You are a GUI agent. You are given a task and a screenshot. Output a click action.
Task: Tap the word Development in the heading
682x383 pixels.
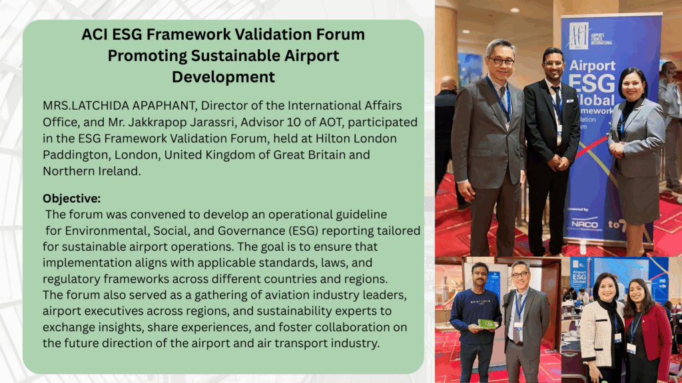click(223, 77)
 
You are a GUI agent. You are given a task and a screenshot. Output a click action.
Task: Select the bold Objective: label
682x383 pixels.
click(71, 198)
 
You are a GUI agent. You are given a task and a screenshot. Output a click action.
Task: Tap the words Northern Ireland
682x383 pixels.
click(91, 171)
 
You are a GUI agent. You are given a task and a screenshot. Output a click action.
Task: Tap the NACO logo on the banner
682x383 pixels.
click(585, 224)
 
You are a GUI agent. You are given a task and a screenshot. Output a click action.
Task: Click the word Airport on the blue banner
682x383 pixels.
click(592, 66)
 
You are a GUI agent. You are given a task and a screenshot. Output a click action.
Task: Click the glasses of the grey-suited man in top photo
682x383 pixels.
click(501, 61)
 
